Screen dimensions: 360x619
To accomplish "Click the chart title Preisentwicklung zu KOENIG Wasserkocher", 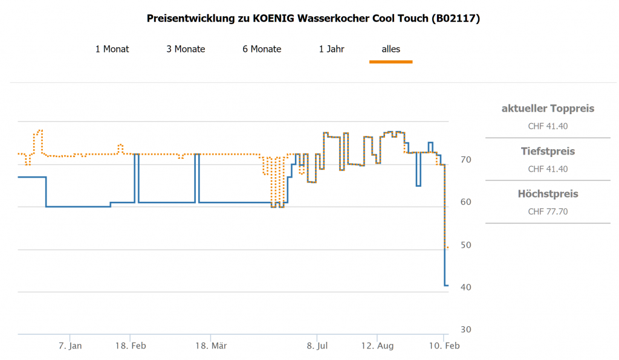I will click(x=314, y=19).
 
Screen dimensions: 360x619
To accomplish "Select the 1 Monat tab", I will click(x=112, y=49).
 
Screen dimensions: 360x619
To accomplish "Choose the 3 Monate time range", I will click(x=186, y=49).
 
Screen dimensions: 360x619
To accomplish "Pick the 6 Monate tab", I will click(x=262, y=49).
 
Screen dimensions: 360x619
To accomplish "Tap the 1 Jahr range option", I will click(x=331, y=49).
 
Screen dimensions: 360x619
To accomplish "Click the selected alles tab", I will click(x=391, y=49).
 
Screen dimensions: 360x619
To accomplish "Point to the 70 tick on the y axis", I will click(x=465, y=160).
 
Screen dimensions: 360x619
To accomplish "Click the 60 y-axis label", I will click(x=465, y=202).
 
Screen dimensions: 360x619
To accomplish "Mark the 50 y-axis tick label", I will click(x=465, y=245).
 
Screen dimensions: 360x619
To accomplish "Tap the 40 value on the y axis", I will click(x=465, y=288).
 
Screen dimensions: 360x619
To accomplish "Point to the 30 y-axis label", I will click(x=465, y=330).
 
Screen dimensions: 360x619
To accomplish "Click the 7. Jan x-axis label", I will click(x=70, y=346).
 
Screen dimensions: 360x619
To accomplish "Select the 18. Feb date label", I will click(x=131, y=346).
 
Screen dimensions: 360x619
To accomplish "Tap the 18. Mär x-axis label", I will click(x=211, y=346).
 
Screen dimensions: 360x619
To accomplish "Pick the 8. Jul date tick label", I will click(x=317, y=346).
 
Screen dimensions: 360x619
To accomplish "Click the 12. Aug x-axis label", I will click(x=377, y=346).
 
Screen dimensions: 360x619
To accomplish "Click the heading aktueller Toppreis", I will click(x=548, y=109).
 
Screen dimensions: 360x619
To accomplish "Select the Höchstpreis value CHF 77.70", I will click(x=548, y=211).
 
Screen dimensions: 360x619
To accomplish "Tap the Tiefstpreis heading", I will click(x=548, y=151).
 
